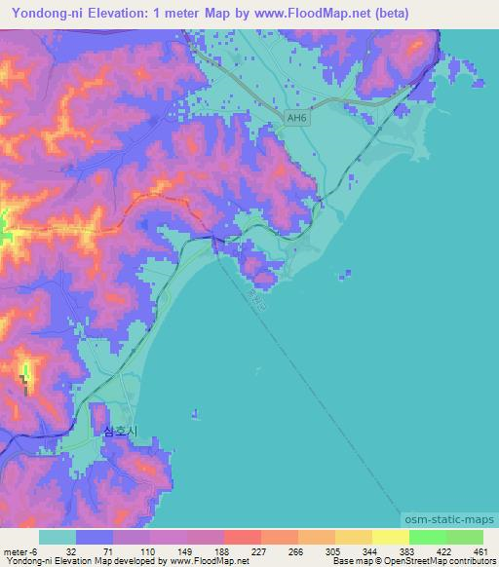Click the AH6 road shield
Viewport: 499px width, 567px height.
pos(295,118)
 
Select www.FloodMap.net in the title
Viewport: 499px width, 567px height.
pos(308,13)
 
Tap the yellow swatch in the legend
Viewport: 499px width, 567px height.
pos(390,537)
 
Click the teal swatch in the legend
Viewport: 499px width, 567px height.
pos(58,537)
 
